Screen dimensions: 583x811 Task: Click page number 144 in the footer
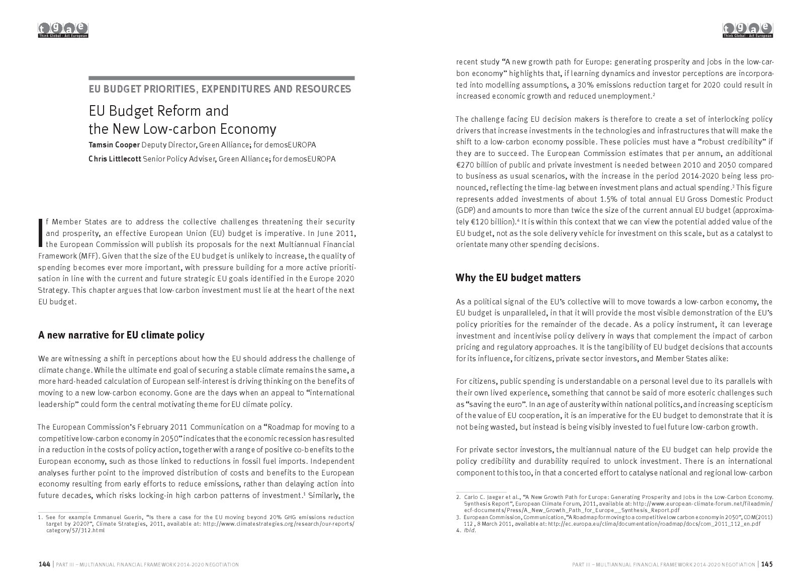[x=44, y=564]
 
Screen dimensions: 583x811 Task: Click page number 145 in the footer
[x=767, y=564]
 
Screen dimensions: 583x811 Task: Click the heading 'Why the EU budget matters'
[x=518, y=278]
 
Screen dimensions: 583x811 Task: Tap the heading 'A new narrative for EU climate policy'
[x=121, y=335]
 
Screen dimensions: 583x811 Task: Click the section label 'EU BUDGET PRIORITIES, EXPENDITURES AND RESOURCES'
[x=220, y=90]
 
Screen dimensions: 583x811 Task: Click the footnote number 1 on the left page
[x=40, y=517]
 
